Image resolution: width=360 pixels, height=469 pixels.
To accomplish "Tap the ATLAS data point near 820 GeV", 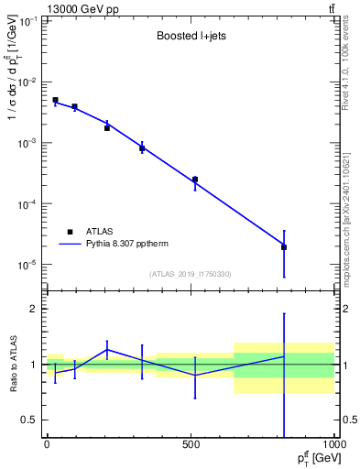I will click(x=284, y=247).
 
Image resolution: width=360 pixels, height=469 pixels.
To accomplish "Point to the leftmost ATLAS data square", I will click(x=55, y=100).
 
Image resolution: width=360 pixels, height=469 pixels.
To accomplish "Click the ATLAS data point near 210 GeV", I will click(x=107, y=128).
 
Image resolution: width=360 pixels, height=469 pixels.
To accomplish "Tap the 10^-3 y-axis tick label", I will click(x=27, y=143).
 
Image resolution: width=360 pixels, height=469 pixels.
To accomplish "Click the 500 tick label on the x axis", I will click(x=191, y=443).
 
